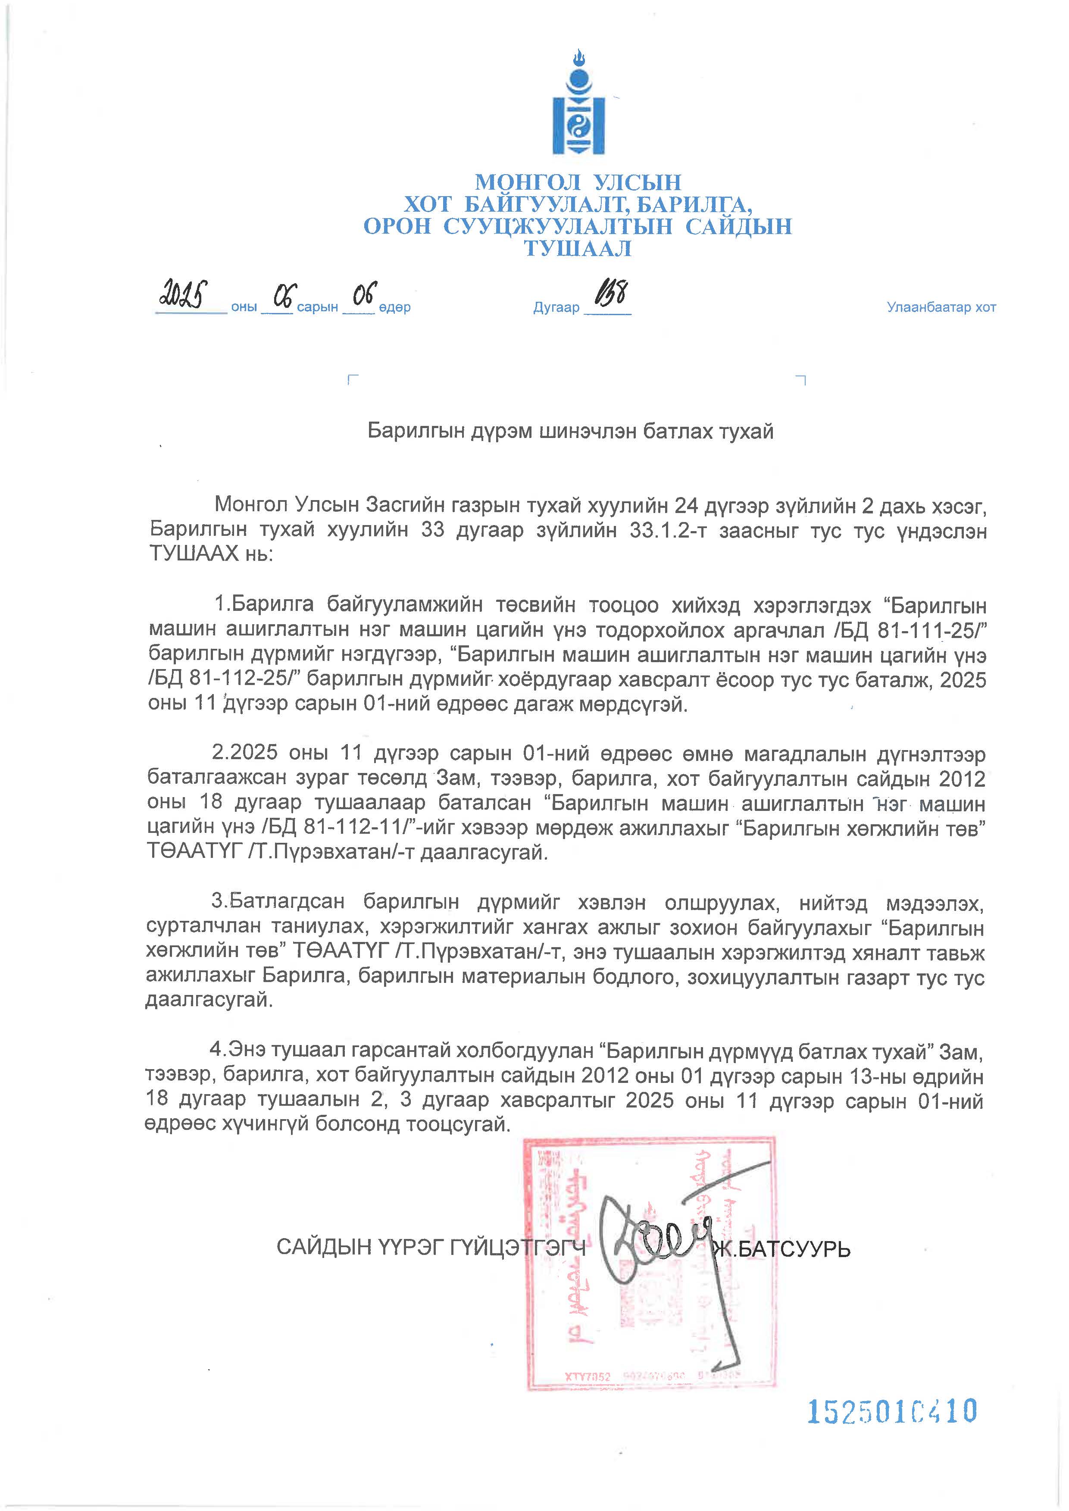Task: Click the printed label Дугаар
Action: (x=556, y=307)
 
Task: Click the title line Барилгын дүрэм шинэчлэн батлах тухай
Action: (x=570, y=431)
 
